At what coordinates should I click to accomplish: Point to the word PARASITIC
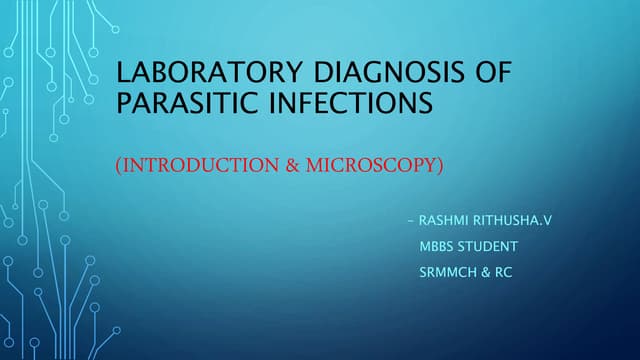[x=177, y=102]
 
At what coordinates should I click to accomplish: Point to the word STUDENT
[x=490, y=245]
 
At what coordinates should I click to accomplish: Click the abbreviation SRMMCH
[x=447, y=271]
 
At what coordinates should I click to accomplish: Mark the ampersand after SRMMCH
[x=484, y=271]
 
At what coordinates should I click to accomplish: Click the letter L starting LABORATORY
[x=125, y=74]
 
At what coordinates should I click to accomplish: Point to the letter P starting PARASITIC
[x=125, y=102]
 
